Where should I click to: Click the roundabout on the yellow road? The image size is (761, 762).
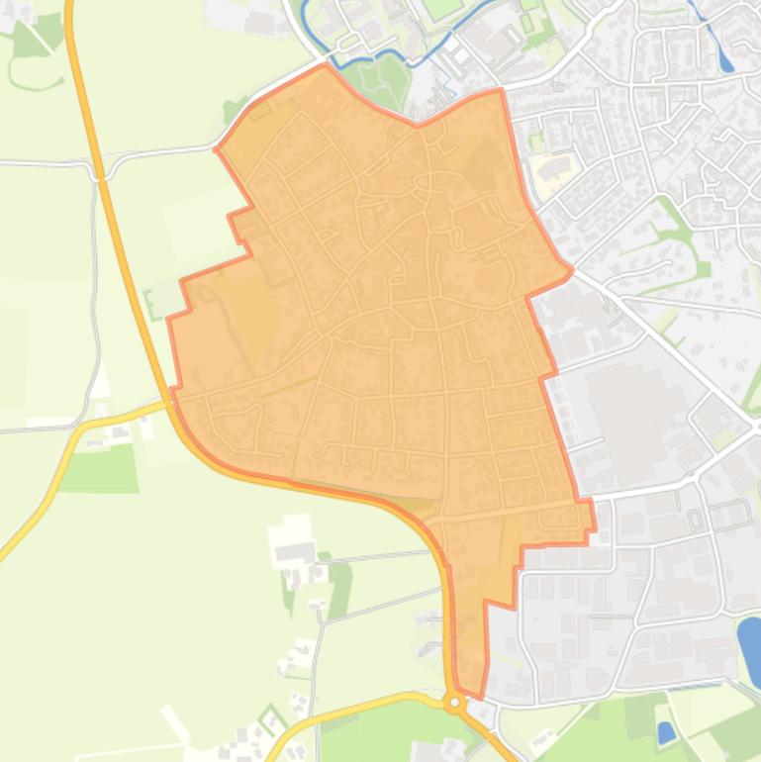pos(455,703)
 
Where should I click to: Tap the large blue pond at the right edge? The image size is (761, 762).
pos(750,649)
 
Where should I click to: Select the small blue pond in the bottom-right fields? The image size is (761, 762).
pos(666,732)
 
